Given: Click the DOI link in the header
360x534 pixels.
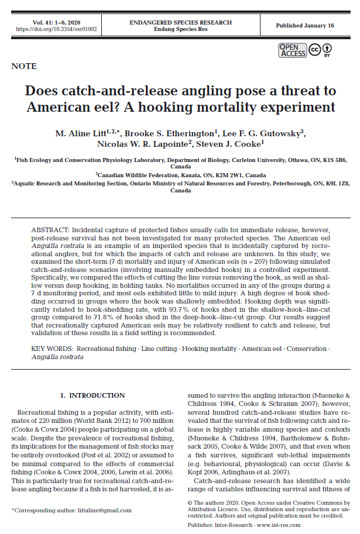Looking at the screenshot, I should tap(56, 29).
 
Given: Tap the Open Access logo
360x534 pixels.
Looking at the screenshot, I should tap(292, 50).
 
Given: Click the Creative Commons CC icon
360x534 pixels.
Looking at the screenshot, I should tap(314, 49).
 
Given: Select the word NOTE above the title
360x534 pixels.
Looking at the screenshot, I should tap(24, 67).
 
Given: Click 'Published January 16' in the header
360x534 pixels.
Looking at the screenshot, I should tap(304, 26).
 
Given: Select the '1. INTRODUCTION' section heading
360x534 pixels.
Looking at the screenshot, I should tap(94, 395).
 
